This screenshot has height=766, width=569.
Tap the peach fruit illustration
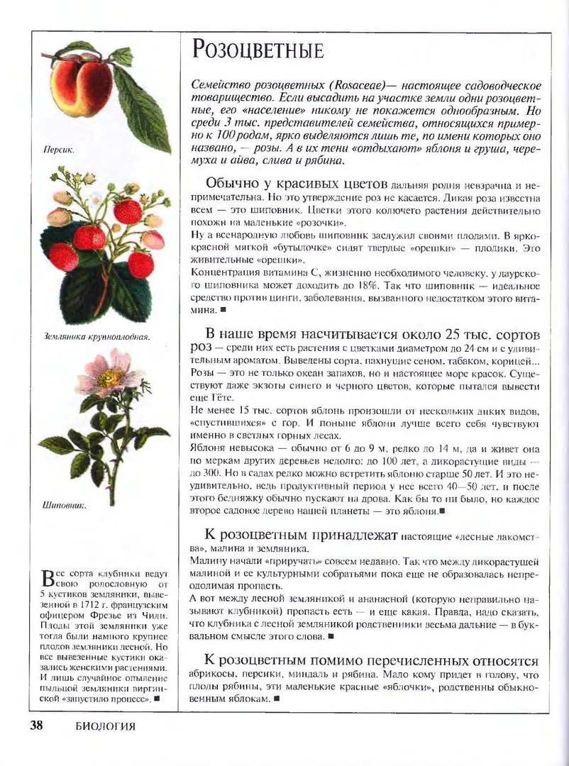(x=82, y=85)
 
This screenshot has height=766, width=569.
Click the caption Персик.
(x=59, y=150)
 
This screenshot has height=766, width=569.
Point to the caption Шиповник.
(x=65, y=506)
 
